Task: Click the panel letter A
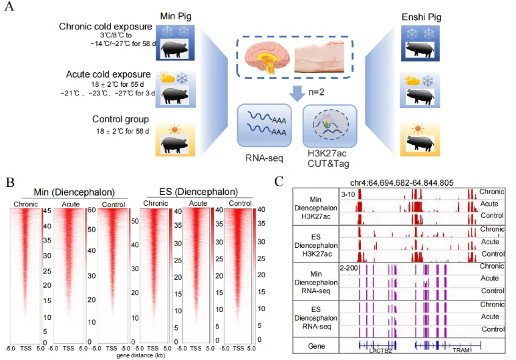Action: pyautogui.click(x=11, y=9)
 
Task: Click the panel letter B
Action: pyautogui.click(x=10, y=181)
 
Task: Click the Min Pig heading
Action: pyautogui.click(x=174, y=15)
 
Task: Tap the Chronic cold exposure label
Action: pyautogui.click(x=106, y=27)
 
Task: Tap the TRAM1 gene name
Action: pyautogui.click(x=462, y=350)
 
